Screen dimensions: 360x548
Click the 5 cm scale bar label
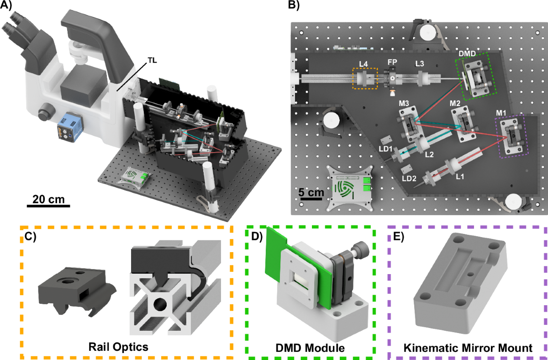(311, 192)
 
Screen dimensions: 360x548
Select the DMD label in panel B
(467, 53)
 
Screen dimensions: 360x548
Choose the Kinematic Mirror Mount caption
(468, 348)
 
